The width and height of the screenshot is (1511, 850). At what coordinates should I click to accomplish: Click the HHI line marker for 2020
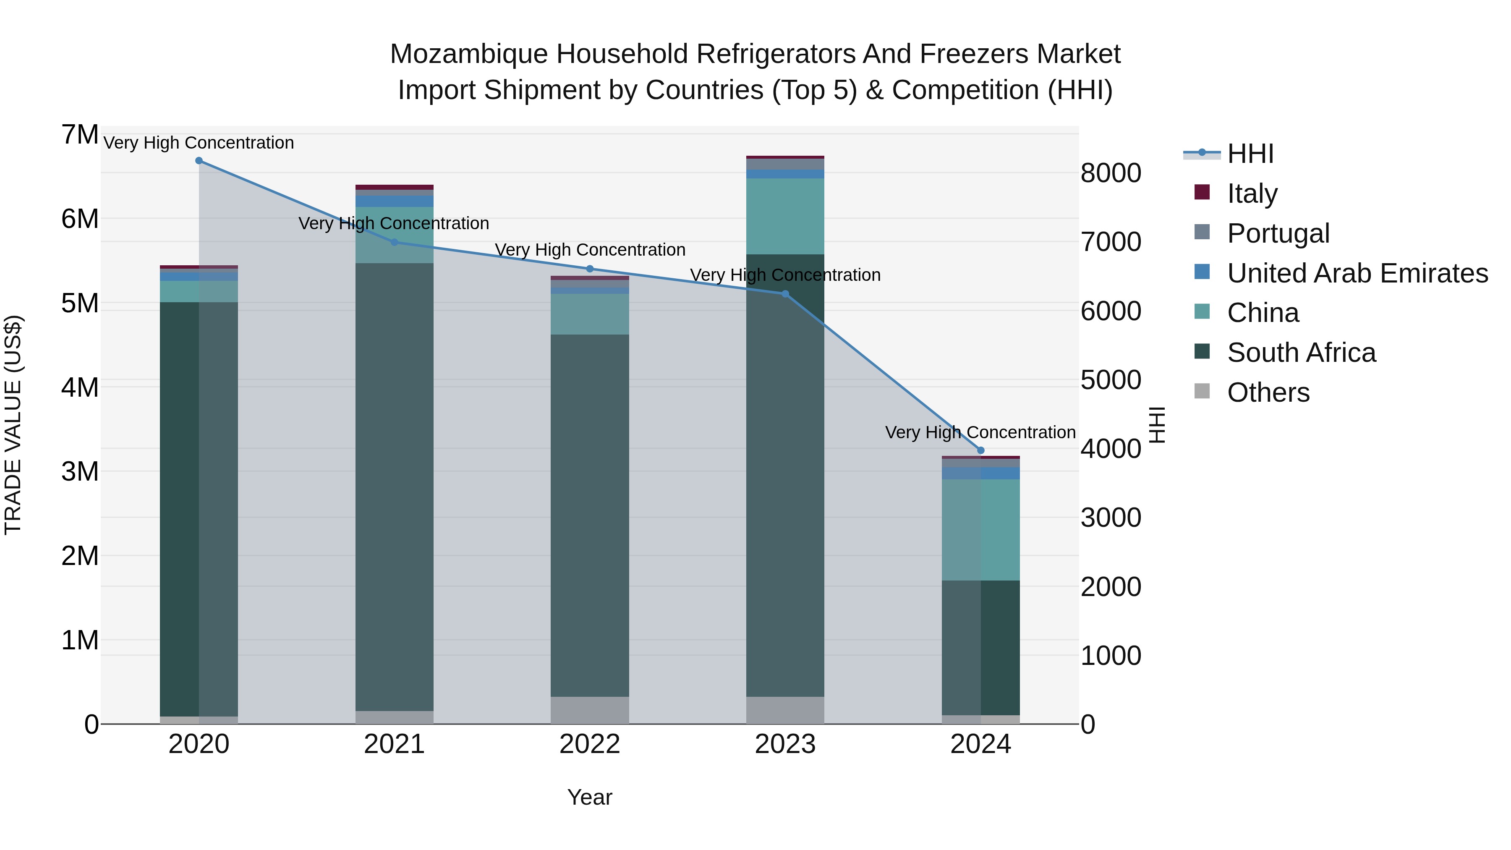pyautogui.click(x=199, y=161)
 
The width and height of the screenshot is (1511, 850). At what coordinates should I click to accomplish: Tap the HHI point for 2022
pyautogui.click(x=590, y=269)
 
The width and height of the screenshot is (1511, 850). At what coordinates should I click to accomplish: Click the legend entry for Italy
pyautogui.click(x=1252, y=193)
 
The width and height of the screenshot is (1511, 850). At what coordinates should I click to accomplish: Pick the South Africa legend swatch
pyautogui.click(x=1202, y=352)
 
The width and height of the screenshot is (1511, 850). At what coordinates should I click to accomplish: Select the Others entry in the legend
pyautogui.click(x=1268, y=392)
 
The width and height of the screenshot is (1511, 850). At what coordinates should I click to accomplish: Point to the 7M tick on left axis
pyautogui.click(x=80, y=135)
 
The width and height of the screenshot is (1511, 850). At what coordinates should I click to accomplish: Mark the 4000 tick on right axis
pyautogui.click(x=1110, y=449)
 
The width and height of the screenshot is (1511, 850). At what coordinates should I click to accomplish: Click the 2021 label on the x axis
pyautogui.click(x=394, y=745)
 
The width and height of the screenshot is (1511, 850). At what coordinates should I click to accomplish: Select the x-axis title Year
pyautogui.click(x=590, y=798)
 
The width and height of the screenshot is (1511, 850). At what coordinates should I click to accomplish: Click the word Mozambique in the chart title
pyautogui.click(x=469, y=55)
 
